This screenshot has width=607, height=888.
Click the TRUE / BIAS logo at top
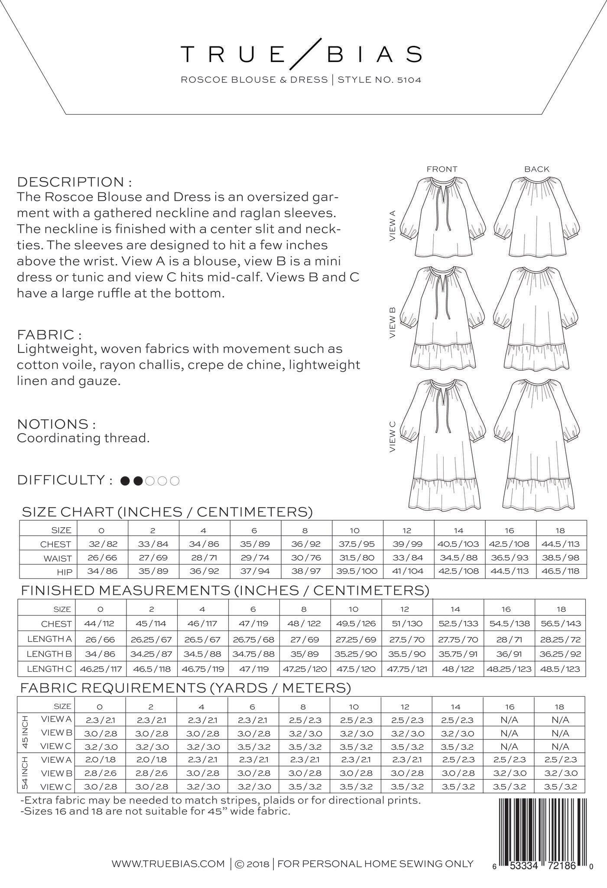click(x=301, y=54)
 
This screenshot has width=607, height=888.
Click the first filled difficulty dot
click(x=126, y=480)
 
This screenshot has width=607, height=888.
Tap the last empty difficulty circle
click(x=175, y=480)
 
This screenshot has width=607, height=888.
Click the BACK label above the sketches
click(x=537, y=169)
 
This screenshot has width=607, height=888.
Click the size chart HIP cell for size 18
click(x=562, y=571)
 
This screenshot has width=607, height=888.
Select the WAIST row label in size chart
click(x=58, y=558)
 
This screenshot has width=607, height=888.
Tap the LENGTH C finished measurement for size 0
click(x=100, y=669)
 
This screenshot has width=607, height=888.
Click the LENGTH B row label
click(x=49, y=654)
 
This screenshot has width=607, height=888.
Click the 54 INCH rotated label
click(x=25, y=773)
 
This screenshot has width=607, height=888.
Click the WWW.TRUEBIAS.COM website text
click(x=168, y=864)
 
